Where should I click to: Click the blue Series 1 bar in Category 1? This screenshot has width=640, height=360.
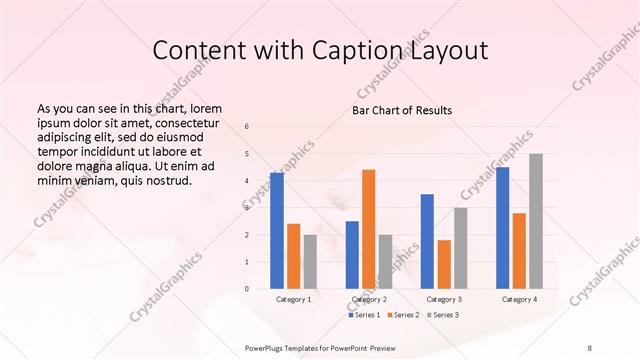(x=276, y=231)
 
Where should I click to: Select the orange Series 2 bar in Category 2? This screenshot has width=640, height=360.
(x=369, y=229)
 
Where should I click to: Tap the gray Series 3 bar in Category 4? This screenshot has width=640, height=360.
(x=536, y=221)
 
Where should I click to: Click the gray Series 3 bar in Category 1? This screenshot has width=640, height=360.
(x=310, y=262)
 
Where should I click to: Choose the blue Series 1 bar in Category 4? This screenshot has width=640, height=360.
(x=502, y=228)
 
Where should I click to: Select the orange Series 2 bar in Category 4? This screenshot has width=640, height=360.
(x=519, y=251)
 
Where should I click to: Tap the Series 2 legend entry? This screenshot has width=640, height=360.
(x=404, y=315)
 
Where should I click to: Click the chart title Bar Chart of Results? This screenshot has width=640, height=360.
(x=402, y=110)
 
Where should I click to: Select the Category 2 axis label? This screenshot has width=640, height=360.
(x=369, y=299)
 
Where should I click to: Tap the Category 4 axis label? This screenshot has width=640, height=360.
(x=519, y=299)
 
